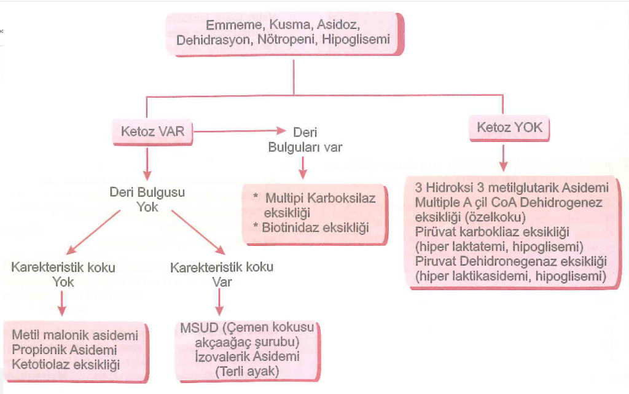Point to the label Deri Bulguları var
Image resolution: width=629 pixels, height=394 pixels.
point(305,140)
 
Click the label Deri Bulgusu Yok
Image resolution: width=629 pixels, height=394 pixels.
point(147,200)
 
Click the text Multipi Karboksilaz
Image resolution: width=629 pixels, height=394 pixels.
point(321,199)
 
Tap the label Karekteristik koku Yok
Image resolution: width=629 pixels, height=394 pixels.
point(63,275)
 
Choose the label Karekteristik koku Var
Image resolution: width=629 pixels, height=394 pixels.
point(221,275)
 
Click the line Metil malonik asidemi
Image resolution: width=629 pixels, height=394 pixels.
point(74,336)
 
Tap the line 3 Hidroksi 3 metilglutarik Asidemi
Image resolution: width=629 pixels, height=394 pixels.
point(512,187)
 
